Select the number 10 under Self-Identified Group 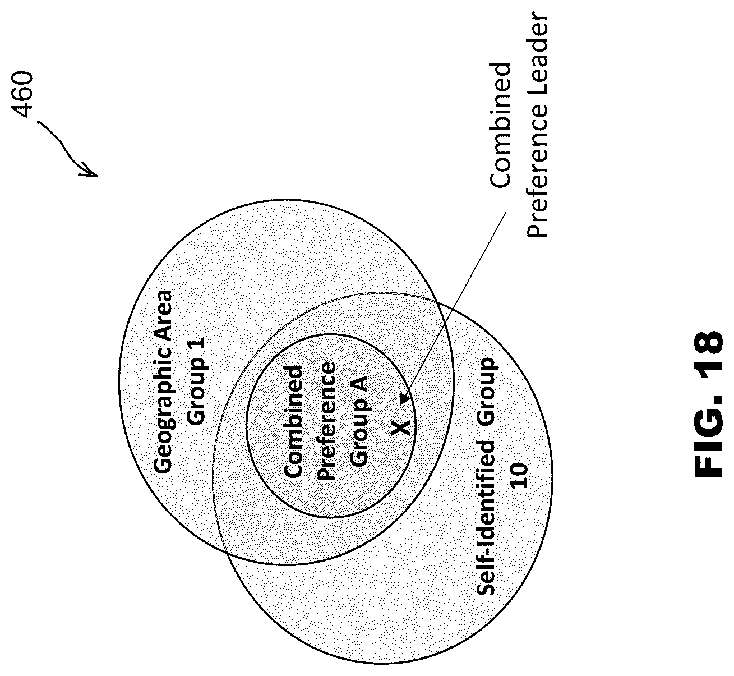tap(520, 476)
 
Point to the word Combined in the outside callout tap(501, 126)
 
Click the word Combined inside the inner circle tap(293, 421)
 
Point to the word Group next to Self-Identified tap(486, 392)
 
